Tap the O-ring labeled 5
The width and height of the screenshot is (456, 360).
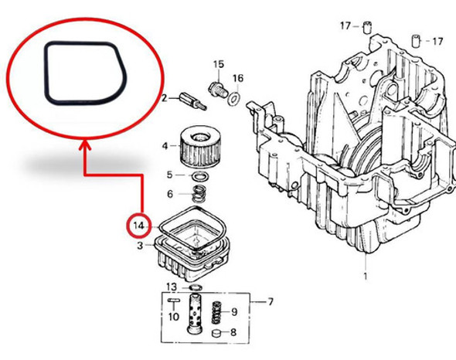(x=199, y=177)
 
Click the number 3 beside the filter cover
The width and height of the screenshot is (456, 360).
(x=140, y=246)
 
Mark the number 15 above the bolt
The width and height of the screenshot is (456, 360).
(x=218, y=63)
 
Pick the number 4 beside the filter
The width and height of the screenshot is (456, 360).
(x=164, y=145)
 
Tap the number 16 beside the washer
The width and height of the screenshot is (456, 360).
(x=238, y=78)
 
